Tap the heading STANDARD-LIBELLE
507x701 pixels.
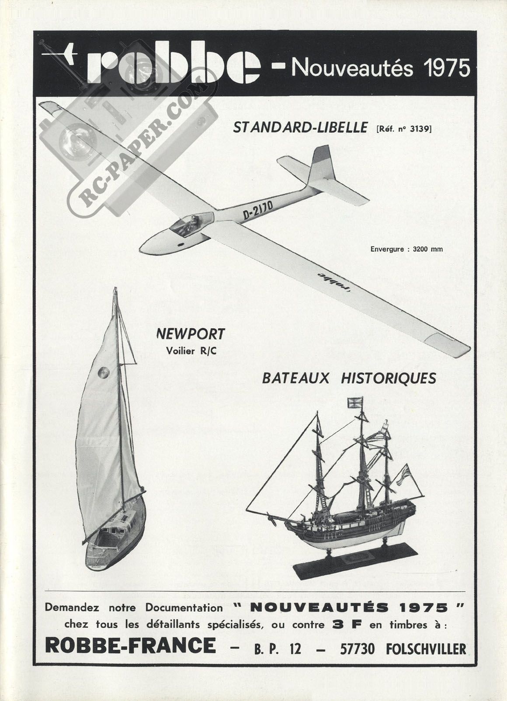click(300, 128)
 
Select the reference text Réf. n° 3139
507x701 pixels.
click(404, 128)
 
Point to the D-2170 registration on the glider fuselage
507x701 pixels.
click(258, 210)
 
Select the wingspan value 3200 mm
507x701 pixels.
click(428, 250)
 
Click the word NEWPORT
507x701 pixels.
click(190, 334)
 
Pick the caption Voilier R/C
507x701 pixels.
click(191, 351)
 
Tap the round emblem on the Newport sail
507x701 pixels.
click(104, 372)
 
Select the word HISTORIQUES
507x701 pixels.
click(389, 378)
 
